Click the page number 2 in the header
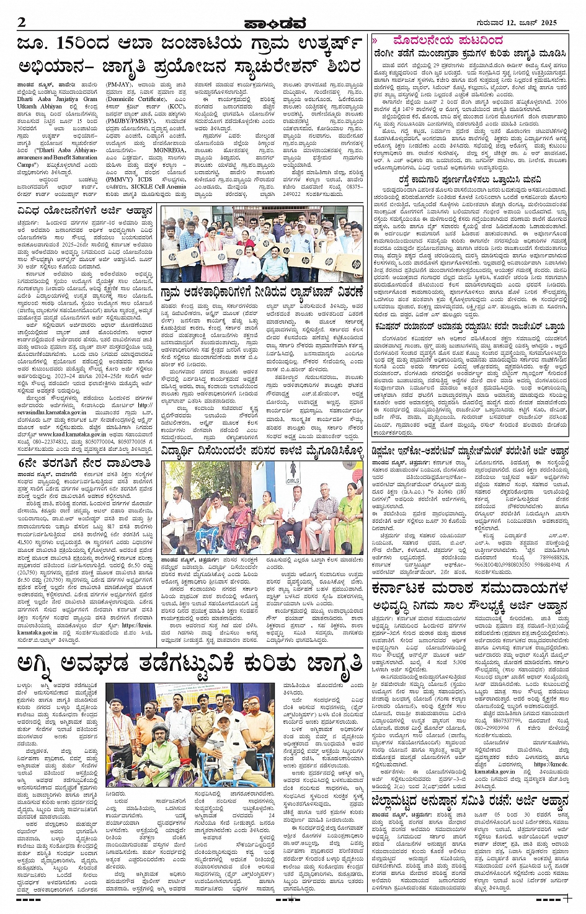tap(22, 22)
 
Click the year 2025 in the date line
tap(545, 23)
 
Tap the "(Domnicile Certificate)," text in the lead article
tap(136, 99)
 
